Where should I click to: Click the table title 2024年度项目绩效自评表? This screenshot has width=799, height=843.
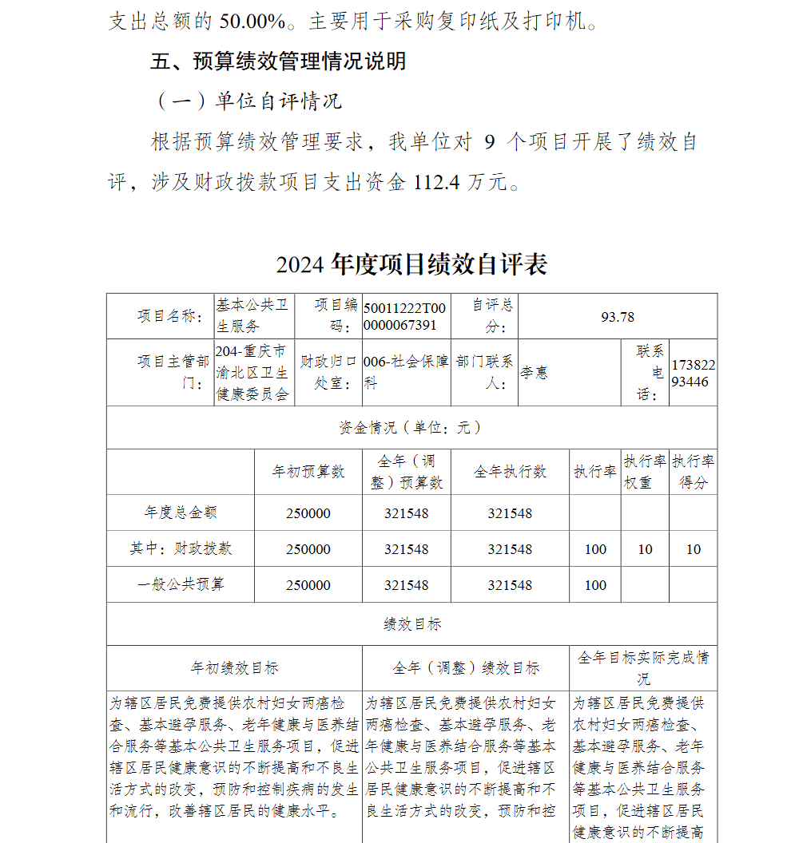coord(411,264)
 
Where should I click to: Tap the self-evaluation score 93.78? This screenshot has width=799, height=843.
coord(618,317)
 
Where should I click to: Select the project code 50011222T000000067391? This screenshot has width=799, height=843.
coord(405,317)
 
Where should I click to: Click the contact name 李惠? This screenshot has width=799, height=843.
coord(535,373)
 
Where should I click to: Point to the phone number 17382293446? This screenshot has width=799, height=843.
coord(694,373)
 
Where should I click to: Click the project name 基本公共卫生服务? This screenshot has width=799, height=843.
coord(252,316)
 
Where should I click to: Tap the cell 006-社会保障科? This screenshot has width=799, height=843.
coord(405,373)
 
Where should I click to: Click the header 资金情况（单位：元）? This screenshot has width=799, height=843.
coord(411,428)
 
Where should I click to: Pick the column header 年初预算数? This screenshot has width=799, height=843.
coord(308,472)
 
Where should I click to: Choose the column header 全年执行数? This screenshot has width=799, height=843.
coord(510,472)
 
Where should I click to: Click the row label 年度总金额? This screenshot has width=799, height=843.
coord(181,513)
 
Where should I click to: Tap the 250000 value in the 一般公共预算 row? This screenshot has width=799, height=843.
coord(308,585)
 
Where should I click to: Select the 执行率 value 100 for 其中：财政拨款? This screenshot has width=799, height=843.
coord(595,549)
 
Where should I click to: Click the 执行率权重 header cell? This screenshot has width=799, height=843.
coord(645,472)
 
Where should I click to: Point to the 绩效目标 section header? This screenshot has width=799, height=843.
coord(411,624)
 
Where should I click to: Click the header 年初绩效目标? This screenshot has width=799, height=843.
coord(234,668)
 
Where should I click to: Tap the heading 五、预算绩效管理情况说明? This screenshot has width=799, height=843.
coord(278,61)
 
